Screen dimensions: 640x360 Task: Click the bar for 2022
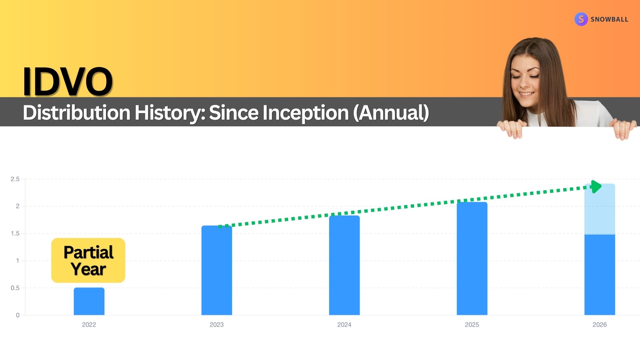click(89, 301)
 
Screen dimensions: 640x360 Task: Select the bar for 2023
click(217, 270)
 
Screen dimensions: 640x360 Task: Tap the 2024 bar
click(344, 265)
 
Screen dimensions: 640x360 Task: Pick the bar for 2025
click(472, 259)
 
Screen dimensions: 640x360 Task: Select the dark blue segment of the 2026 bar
click(600, 275)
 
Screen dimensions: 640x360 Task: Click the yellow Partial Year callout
click(88, 260)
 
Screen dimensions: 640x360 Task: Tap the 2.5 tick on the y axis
click(15, 179)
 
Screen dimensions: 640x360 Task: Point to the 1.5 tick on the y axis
click(15, 233)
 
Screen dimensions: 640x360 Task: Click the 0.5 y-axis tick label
click(15, 288)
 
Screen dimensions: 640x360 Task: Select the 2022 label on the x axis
click(89, 325)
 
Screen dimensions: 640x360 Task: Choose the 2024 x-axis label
click(344, 325)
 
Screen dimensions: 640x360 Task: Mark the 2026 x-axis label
click(600, 325)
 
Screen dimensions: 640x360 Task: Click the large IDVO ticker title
click(68, 81)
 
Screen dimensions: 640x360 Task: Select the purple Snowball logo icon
click(581, 19)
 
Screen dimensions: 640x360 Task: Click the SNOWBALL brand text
click(609, 19)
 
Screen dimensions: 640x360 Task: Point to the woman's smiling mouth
click(526, 94)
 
